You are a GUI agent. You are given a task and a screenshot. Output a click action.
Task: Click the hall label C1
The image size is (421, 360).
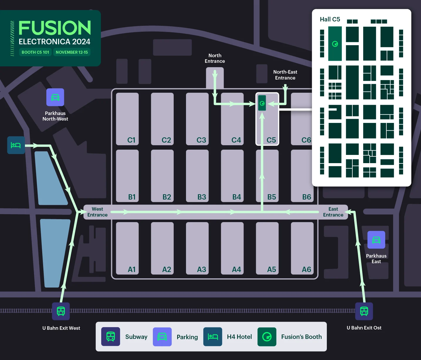pyautogui.click(x=131, y=140)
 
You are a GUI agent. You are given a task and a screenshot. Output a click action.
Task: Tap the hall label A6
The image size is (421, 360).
pyautogui.click(x=306, y=269)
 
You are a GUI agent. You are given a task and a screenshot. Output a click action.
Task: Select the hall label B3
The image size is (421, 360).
pyautogui.click(x=202, y=197)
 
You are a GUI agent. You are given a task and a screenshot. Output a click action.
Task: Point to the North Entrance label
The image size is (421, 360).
pyautogui.click(x=215, y=58)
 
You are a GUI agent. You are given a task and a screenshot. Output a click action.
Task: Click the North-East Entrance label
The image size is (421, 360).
pyautogui.click(x=285, y=75)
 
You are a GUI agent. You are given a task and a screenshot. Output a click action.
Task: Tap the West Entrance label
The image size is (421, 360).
pyautogui.click(x=97, y=212)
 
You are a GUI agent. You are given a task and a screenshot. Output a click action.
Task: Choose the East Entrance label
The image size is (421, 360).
pyautogui.click(x=333, y=212)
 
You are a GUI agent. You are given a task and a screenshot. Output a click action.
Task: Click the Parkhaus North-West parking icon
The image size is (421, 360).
pyautogui.click(x=55, y=97)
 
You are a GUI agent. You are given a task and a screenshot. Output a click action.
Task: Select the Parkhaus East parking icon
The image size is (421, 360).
pyautogui.click(x=376, y=240)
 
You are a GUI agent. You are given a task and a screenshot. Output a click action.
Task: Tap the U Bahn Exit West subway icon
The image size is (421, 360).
pyautogui.click(x=61, y=311)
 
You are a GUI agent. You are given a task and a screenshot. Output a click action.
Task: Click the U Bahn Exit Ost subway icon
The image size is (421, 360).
pyautogui.click(x=364, y=311)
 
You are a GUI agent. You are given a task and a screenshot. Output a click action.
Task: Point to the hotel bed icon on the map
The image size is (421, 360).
pyautogui.click(x=16, y=145)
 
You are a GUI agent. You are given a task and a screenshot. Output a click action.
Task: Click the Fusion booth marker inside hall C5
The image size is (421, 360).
pyautogui.click(x=262, y=103)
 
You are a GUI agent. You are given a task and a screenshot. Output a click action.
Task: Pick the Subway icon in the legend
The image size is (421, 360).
pyautogui.click(x=111, y=337)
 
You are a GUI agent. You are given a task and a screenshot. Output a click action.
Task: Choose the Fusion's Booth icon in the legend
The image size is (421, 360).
pyautogui.click(x=267, y=337)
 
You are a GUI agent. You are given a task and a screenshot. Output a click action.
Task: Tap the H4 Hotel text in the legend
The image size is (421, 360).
pyautogui.click(x=239, y=337)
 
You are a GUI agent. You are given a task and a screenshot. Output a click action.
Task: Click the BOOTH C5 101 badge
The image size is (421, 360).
pyautogui.click(x=35, y=52)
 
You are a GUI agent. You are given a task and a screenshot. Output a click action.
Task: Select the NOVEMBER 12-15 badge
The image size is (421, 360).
pyautogui.click(x=72, y=52)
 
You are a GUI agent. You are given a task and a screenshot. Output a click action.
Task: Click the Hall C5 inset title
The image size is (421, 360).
pyautogui.click(x=330, y=19)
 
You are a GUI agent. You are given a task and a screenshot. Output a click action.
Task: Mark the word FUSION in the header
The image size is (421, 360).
pyautogui.click(x=55, y=28)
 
